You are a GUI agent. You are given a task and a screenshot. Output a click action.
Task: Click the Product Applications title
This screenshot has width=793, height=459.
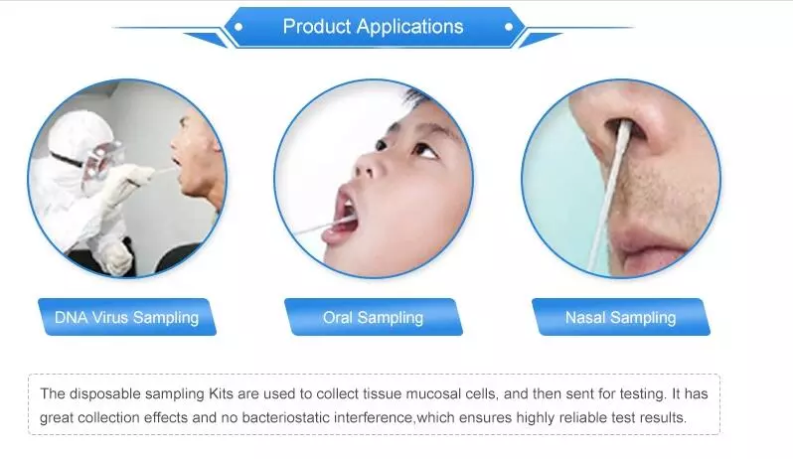(x=373, y=26)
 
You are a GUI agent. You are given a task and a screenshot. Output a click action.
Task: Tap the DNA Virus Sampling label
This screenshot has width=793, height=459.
(x=126, y=318)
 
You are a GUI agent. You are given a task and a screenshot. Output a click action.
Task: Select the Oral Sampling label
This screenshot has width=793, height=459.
(x=374, y=318)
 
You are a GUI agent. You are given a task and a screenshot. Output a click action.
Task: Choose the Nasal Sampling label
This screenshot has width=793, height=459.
(x=620, y=318)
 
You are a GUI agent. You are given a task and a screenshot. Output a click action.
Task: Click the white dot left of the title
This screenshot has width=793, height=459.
(x=238, y=27)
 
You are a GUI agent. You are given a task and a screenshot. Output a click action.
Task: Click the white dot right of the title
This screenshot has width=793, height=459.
(x=508, y=27)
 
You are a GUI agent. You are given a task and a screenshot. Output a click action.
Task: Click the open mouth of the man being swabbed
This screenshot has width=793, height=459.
(x=176, y=163)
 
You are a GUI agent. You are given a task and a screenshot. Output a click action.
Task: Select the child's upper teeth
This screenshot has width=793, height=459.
(x=346, y=206)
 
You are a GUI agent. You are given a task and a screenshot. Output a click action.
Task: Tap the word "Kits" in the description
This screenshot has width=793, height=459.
(x=221, y=393)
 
